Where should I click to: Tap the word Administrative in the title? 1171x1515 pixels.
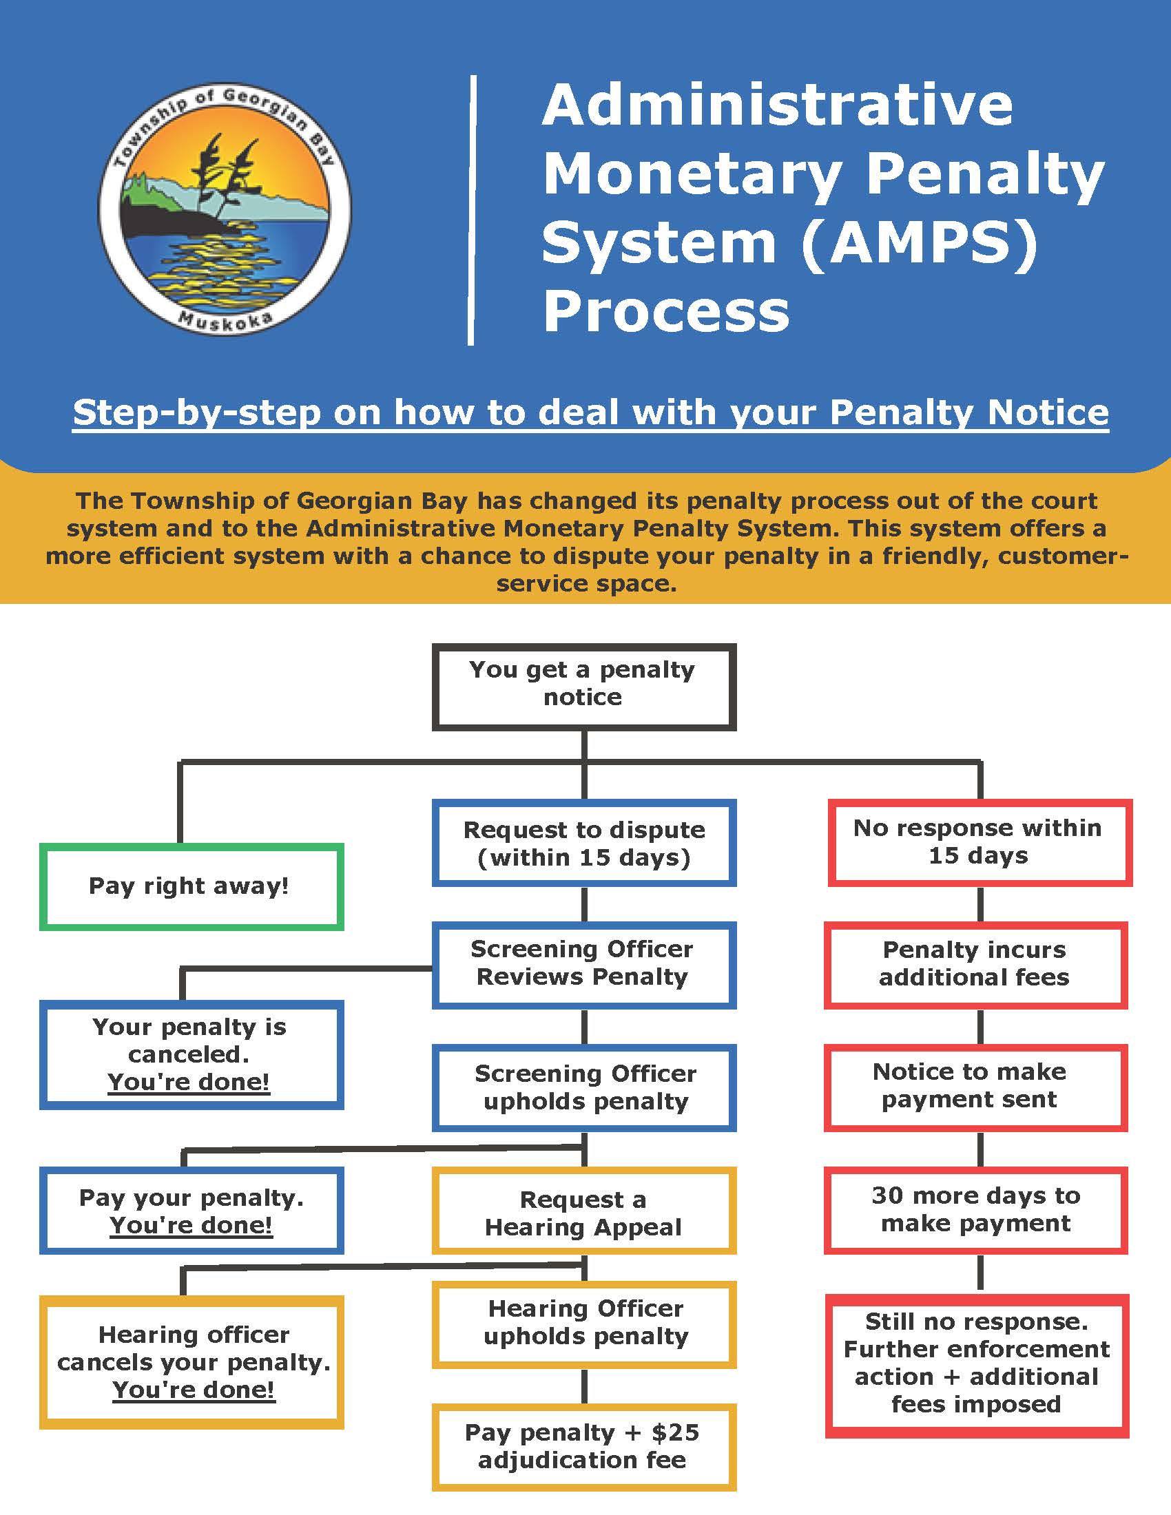[x=777, y=105]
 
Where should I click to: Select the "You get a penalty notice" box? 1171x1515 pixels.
[x=583, y=686]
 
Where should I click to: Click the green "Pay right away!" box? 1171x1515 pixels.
[x=191, y=886]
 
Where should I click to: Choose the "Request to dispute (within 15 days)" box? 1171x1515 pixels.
[x=583, y=843]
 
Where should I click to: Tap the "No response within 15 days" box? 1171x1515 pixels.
[x=979, y=842]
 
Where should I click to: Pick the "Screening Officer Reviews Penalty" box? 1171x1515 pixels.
[x=583, y=963]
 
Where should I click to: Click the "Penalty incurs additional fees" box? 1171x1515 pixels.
[x=975, y=964]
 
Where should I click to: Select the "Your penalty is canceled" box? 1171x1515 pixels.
[x=191, y=1054]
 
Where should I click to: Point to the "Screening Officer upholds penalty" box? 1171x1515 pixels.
[x=583, y=1087]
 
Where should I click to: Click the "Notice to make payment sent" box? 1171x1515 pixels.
[x=975, y=1085]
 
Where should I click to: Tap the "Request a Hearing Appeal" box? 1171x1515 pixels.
[x=583, y=1213]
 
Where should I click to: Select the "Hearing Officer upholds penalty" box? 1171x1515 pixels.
[x=583, y=1323]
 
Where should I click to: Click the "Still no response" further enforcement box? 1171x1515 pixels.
[x=976, y=1363]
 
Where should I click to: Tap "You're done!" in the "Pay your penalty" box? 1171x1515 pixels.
[x=191, y=1226]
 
